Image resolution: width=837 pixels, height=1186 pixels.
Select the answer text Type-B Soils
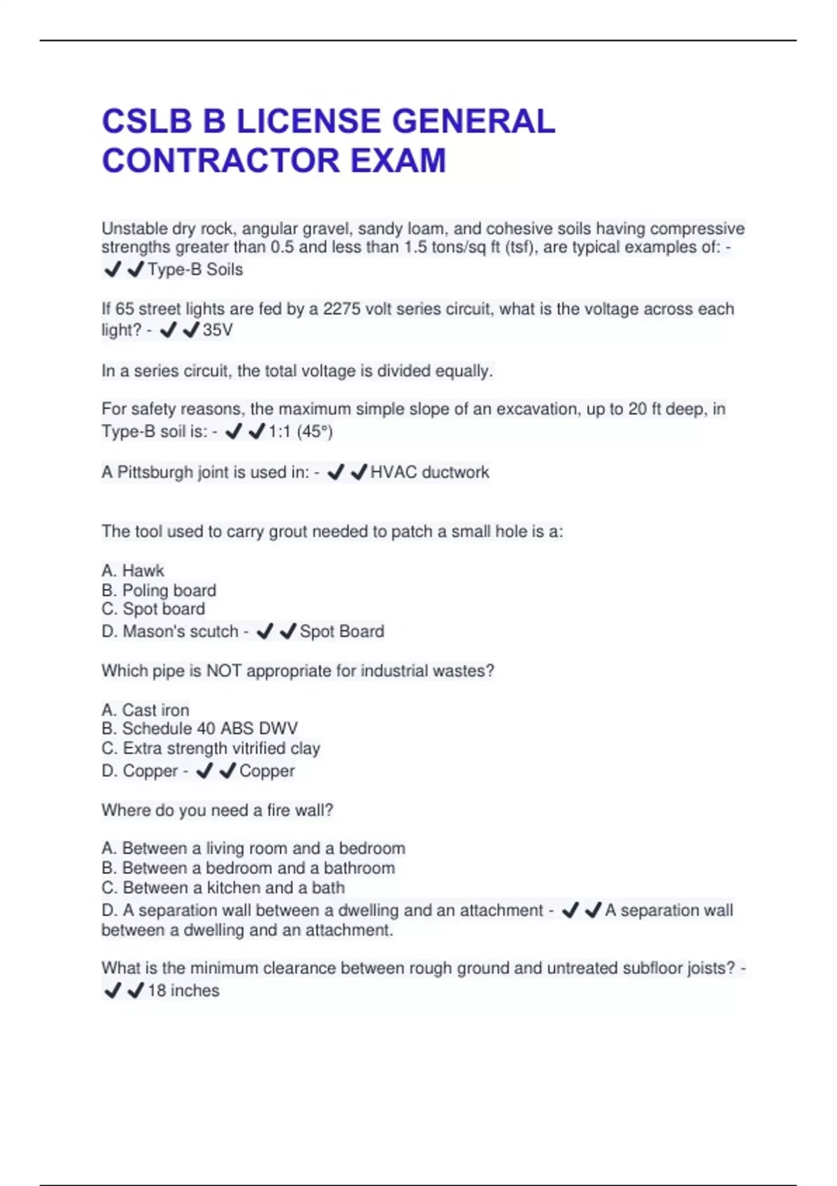[195, 269]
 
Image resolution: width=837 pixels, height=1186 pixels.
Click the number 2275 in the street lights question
[341, 309]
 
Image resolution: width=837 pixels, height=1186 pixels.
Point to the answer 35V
[218, 330]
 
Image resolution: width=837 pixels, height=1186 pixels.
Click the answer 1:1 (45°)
[301, 432]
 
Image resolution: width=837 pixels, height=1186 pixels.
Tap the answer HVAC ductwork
[430, 472]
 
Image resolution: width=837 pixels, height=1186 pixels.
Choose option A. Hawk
[133, 571]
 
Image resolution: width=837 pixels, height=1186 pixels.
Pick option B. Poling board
[159, 590]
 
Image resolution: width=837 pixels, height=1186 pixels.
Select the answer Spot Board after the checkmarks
[342, 631]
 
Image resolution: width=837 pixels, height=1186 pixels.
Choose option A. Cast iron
[146, 710]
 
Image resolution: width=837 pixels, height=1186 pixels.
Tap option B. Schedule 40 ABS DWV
[199, 729]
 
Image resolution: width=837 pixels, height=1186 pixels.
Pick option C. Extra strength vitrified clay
[211, 749]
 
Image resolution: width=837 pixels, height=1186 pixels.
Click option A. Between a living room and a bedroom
[253, 848]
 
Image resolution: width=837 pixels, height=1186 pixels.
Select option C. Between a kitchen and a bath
[223, 888]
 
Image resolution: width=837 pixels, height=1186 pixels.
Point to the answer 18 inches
[183, 991]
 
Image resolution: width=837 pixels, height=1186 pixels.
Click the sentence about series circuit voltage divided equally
[297, 371]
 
